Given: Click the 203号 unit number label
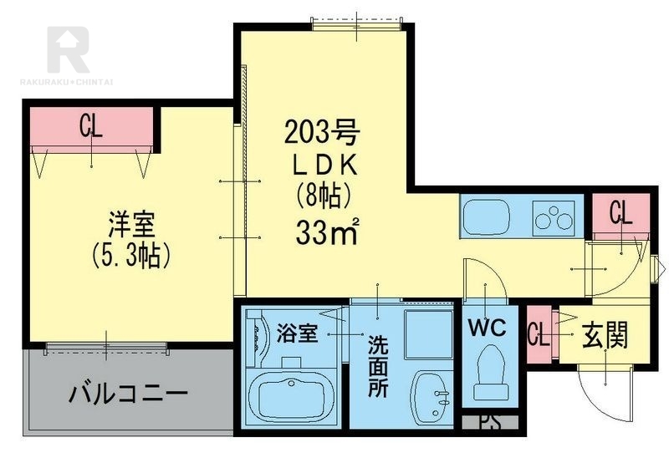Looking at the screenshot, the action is click(322, 132).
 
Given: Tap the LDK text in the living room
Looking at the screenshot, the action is click(325, 165).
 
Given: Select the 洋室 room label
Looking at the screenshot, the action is click(131, 225).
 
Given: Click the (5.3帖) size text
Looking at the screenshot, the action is click(130, 256).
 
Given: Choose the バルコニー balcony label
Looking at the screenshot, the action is click(128, 394).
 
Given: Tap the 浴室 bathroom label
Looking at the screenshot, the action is click(298, 333).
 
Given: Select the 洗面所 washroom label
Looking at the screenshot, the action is click(378, 366).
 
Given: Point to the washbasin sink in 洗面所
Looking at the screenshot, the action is click(431, 393).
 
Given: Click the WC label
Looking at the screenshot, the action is click(488, 328).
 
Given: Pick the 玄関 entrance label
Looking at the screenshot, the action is click(605, 335).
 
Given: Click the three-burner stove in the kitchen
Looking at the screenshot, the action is click(554, 218).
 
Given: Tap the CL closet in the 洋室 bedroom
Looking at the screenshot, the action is click(92, 126).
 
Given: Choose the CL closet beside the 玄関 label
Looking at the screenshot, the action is click(539, 334).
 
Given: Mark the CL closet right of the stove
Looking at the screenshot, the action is click(620, 212).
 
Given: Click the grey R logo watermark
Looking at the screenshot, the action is click(69, 49).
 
